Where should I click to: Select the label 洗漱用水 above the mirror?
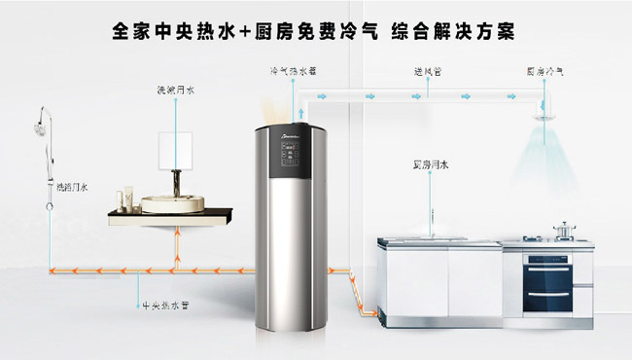176,91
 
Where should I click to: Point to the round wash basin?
171,203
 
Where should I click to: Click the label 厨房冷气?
544,72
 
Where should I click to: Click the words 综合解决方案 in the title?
454,32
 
